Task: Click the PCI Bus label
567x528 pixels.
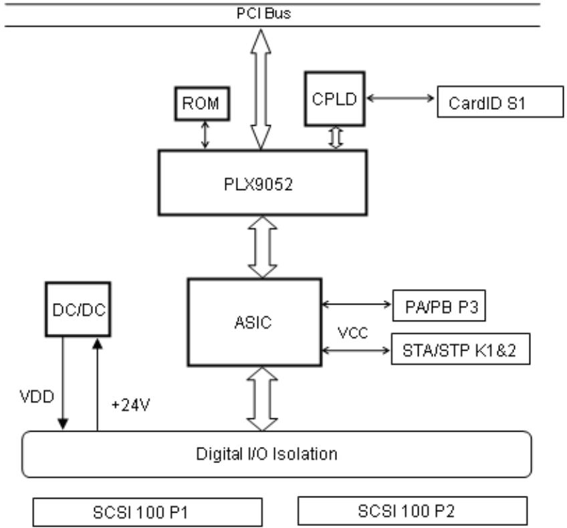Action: (x=263, y=13)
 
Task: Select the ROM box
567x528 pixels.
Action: (x=202, y=104)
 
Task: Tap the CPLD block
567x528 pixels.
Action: (x=335, y=99)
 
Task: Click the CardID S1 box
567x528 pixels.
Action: (x=500, y=102)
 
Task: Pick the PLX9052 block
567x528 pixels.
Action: (x=263, y=183)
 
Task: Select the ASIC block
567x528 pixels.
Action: (x=255, y=322)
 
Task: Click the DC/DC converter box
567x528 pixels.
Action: (x=78, y=309)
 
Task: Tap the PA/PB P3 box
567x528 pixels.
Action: (x=439, y=305)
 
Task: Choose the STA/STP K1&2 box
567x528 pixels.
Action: (x=461, y=349)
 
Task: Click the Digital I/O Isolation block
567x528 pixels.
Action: (x=277, y=454)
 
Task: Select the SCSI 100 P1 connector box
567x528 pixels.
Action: (x=148, y=512)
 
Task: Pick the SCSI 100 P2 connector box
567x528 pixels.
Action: (x=413, y=511)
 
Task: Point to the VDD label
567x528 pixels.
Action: (x=37, y=397)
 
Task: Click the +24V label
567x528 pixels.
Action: (x=130, y=405)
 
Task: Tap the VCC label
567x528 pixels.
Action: (x=352, y=333)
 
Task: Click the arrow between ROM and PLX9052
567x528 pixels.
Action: (x=205, y=135)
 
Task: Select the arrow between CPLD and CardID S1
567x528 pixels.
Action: (x=401, y=98)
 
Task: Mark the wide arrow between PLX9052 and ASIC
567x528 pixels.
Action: (x=263, y=247)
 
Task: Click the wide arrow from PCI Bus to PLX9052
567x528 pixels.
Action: (x=261, y=89)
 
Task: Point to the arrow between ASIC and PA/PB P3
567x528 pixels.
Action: (x=356, y=304)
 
